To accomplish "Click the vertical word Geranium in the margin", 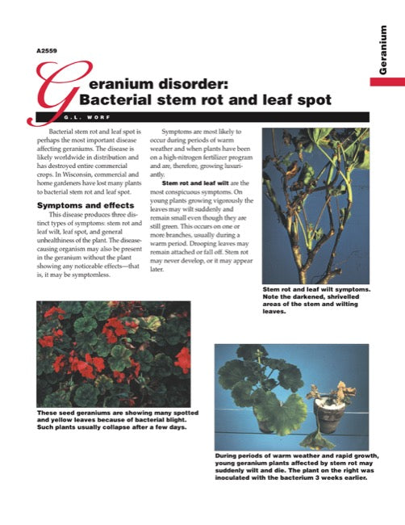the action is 386,50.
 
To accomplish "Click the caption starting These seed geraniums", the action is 113,420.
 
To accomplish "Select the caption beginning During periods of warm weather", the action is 292,466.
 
